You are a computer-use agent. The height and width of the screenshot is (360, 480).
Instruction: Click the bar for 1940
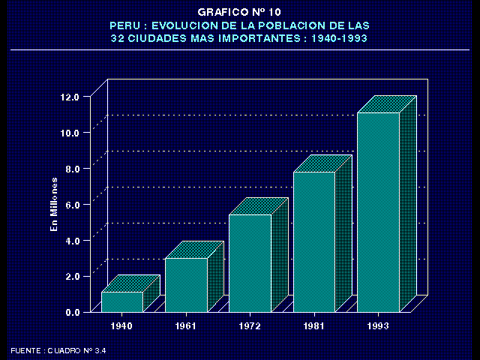click(x=122, y=301)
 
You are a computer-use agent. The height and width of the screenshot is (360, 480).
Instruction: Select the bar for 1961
click(x=186, y=285)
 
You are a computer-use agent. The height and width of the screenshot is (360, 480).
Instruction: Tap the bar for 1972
click(x=250, y=263)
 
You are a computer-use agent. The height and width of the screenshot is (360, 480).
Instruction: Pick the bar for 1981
click(x=313, y=241)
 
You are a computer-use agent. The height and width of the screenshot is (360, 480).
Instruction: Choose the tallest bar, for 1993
click(x=378, y=212)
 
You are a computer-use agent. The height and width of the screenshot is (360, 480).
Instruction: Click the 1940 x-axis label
click(x=122, y=326)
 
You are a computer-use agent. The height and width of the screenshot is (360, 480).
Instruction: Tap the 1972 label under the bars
click(x=250, y=326)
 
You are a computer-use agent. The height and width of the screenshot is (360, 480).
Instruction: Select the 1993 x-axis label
click(x=379, y=326)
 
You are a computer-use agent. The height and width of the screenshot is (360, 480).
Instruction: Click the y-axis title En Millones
click(x=54, y=204)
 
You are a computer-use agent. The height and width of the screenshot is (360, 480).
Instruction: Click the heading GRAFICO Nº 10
click(x=240, y=12)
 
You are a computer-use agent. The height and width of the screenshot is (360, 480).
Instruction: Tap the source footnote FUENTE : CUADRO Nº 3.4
click(x=59, y=350)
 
